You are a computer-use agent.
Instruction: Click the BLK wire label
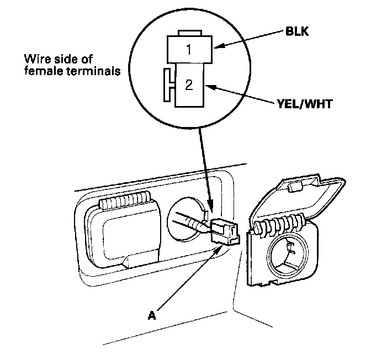pyautogui.click(x=297, y=31)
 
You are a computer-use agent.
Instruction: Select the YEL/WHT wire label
pyautogui.click(x=305, y=104)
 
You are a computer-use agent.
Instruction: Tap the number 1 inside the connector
pyautogui.click(x=189, y=50)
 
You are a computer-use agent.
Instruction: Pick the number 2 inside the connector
pyautogui.click(x=189, y=84)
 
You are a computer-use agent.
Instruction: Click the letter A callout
pyautogui.click(x=152, y=315)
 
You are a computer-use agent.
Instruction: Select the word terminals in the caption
pyautogui.click(x=94, y=71)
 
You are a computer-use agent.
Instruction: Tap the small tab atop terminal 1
pyautogui.click(x=190, y=33)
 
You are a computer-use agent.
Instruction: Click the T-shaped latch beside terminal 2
pyautogui.click(x=169, y=85)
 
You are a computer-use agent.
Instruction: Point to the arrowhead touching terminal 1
pyautogui.click(x=218, y=46)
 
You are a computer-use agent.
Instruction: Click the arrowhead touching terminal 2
pyautogui.click(x=210, y=87)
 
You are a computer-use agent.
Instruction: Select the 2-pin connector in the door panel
pyautogui.click(x=225, y=232)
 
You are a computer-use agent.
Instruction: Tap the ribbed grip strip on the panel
pyautogui.click(x=125, y=200)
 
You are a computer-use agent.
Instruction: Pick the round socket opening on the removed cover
pyautogui.click(x=288, y=256)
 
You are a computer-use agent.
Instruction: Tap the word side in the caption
pyautogui.click(x=66, y=59)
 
